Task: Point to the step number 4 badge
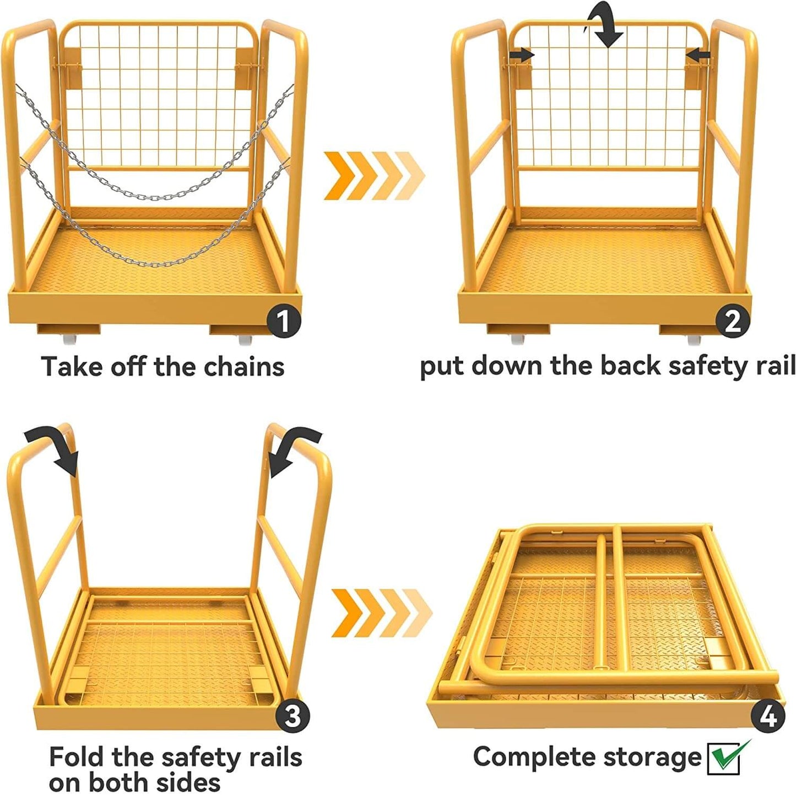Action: (767, 716)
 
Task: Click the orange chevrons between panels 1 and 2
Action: (375, 175)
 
